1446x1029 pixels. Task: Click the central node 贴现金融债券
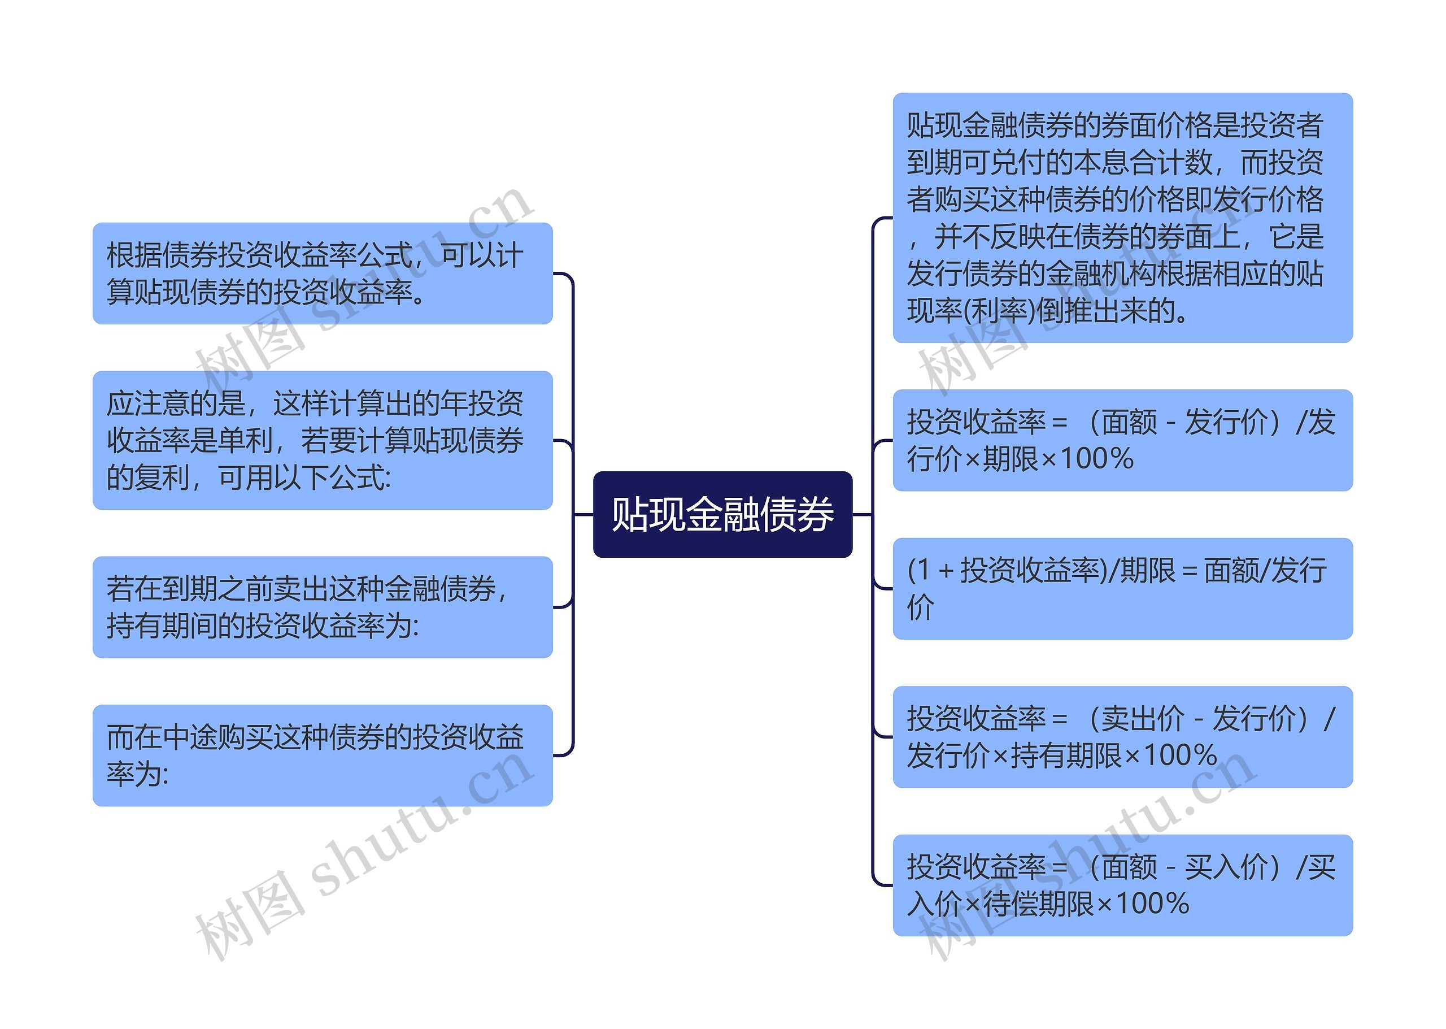722,514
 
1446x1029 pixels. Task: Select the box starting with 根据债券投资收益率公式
323,273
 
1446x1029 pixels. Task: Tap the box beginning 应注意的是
323,440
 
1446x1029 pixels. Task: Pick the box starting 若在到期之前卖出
323,606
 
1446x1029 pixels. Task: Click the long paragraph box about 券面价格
1122,218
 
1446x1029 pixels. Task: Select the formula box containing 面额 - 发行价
1122,440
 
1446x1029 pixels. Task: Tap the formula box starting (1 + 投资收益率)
1122,588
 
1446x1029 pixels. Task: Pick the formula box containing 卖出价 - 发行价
1122,736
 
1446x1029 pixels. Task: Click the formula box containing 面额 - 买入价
1122,884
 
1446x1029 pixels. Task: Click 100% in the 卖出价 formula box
1180,756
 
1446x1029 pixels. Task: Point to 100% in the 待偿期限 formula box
1152,904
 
